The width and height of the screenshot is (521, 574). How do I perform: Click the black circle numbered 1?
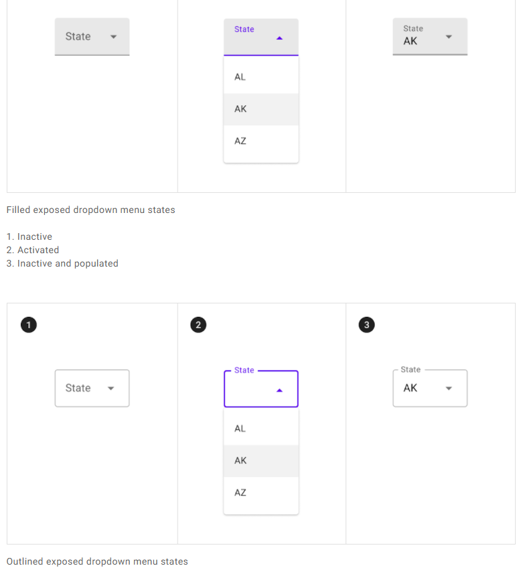[x=28, y=325]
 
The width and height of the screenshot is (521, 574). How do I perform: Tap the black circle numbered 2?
[x=198, y=325]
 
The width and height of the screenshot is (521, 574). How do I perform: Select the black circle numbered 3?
[x=366, y=325]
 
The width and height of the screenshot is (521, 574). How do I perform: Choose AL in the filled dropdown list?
[x=240, y=77]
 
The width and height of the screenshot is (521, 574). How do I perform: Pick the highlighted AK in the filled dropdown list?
[x=240, y=109]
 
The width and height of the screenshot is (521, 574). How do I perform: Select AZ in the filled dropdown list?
[x=240, y=141]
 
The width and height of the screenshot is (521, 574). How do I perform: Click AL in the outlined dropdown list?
[x=240, y=429]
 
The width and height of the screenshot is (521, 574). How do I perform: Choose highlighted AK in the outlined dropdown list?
[x=240, y=461]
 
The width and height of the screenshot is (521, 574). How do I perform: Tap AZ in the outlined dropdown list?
[x=240, y=493]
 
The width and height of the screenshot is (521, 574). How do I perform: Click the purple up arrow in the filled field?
[x=279, y=38]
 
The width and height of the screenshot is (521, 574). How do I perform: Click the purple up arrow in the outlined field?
[x=279, y=390]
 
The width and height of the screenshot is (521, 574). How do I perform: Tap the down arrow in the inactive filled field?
[x=113, y=37]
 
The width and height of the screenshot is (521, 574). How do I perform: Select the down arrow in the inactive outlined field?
[x=111, y=388]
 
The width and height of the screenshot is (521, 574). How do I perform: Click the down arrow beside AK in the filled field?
[x=449, y=37]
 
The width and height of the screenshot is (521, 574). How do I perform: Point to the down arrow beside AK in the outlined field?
[x=449, y=388]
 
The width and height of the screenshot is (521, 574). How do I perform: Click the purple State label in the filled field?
[x=244, y=29]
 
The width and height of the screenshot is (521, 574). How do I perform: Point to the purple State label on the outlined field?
[x=244, y=370]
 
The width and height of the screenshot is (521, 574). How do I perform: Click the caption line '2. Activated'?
[x=33, y=250]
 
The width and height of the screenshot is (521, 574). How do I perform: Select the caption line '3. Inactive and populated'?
[x=62, y=264]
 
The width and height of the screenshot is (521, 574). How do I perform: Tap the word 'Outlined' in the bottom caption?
[x=25, y=562]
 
